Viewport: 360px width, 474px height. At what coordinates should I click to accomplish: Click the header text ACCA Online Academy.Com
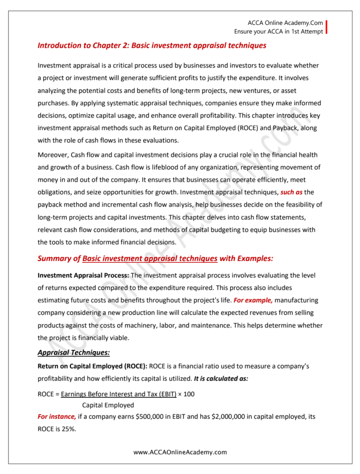click(285, 23)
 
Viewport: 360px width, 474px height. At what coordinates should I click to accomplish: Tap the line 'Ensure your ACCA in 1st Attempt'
click(278, 31)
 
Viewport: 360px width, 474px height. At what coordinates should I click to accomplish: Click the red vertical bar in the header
click(326, 27)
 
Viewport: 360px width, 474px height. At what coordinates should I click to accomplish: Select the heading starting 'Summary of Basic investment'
click(155, 259)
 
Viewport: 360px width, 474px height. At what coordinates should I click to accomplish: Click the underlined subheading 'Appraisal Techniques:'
click(73, 353)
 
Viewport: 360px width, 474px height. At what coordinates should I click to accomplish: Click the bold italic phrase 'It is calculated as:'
click(221, 378)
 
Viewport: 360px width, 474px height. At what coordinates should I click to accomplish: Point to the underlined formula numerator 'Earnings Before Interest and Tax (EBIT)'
click(119, 394)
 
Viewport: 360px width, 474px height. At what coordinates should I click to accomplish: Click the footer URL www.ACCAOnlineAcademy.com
click(180, 452)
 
